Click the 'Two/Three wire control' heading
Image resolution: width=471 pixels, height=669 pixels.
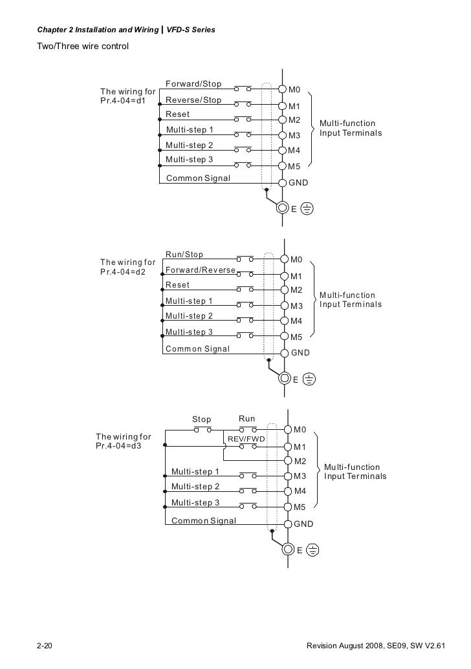[83, 47]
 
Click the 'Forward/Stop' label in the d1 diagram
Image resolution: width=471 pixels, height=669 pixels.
[193, 84]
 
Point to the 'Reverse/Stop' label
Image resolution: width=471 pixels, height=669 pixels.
[193, 100]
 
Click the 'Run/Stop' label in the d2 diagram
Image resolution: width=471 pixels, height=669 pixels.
[184, 255]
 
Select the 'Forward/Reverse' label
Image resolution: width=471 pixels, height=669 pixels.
[201, 270]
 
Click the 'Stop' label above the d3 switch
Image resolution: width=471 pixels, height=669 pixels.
[201, 419]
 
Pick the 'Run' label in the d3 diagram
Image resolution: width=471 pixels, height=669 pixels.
[247, 419]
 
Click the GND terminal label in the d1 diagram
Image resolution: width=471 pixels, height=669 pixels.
[298, 183]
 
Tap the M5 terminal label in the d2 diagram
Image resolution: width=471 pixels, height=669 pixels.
[296, 337]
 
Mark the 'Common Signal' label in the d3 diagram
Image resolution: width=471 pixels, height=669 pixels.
[203, 520]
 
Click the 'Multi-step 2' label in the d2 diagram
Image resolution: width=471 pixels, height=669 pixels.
[189, 316]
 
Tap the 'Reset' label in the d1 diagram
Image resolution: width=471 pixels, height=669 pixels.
[178, 114]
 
